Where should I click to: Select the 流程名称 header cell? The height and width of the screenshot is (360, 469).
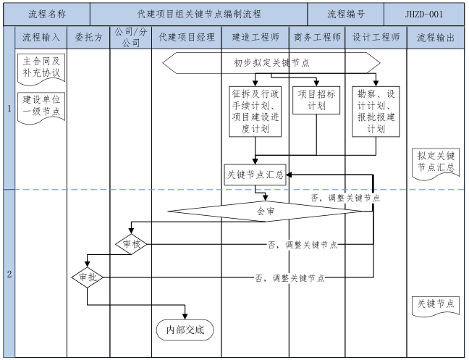pos(48,14)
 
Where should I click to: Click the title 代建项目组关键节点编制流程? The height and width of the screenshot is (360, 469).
pos(199,14)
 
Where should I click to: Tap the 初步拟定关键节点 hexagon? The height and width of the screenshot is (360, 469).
pos(271,63)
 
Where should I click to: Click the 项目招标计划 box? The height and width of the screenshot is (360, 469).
pos(317,100)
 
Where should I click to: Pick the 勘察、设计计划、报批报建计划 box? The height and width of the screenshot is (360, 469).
pos(376,111)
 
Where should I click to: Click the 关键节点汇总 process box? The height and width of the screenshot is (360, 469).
pos(254,175)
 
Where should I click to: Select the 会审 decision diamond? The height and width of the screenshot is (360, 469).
pos(266,212)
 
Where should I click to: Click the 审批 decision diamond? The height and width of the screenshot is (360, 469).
pos(88,277)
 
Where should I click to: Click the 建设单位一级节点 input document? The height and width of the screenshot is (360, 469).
pos(41,106)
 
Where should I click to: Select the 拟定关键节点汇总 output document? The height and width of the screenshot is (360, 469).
pos(436,162)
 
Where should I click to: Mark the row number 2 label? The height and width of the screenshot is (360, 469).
pos(9,274)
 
